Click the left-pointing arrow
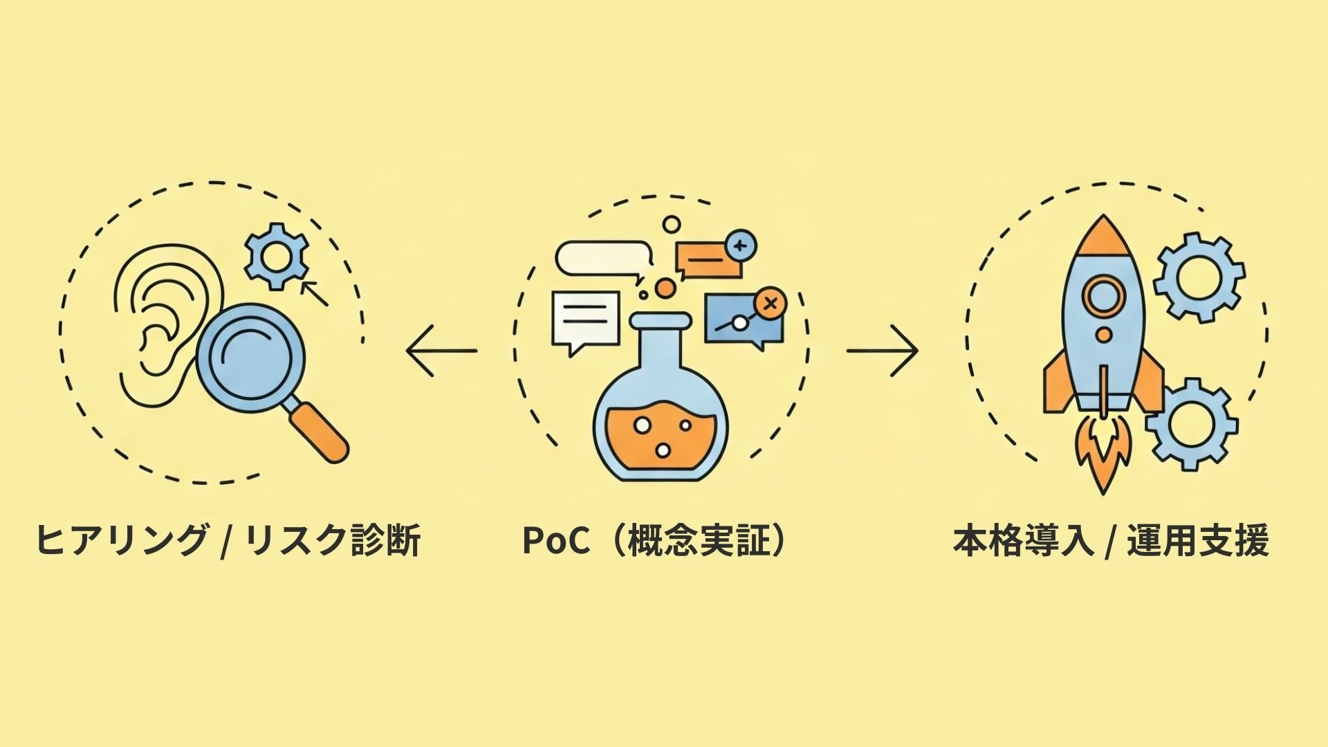coord(441,351)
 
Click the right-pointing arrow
coord(883,351)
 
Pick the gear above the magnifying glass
coord(277,256)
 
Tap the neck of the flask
coord(661,342)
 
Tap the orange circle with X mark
coord(768,303)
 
